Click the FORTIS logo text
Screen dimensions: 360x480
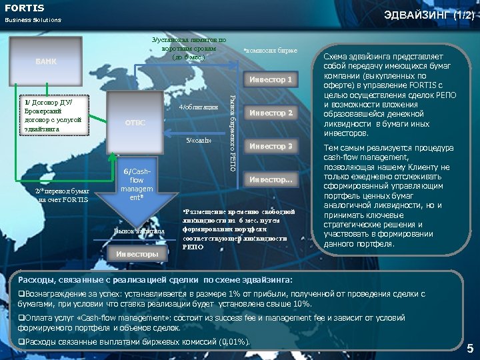coord(25,8)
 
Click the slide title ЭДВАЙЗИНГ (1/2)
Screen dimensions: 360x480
coord(428,14)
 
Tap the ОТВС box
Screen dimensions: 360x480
coord(135,123)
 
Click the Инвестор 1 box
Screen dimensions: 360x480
coord(271,80)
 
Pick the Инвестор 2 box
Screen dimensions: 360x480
coord(271,113)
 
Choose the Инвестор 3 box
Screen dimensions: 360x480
coord(271,146)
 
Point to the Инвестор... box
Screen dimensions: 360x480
coord(271,179)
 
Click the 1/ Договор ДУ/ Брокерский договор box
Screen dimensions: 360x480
coord(53,115)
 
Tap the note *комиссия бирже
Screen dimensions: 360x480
coord(270,51)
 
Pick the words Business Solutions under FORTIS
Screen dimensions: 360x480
coord(33,20)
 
